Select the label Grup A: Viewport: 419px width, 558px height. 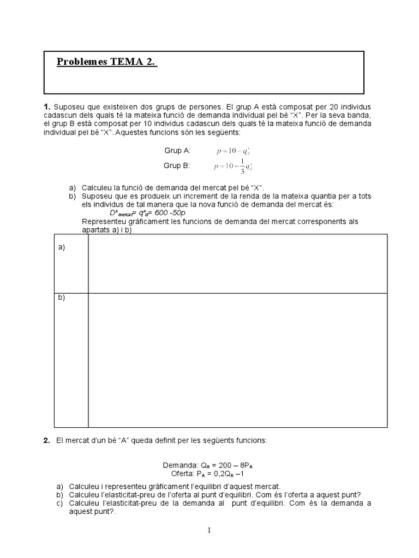(177, 150)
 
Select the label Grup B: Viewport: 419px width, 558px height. (177, 165)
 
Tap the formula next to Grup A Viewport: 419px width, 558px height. (233, 150)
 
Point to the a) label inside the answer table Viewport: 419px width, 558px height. (62, 247)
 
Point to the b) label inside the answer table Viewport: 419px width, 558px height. (62, 298)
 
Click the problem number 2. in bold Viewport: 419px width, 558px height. (47, 440)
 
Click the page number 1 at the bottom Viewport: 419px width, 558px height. (209, 531)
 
